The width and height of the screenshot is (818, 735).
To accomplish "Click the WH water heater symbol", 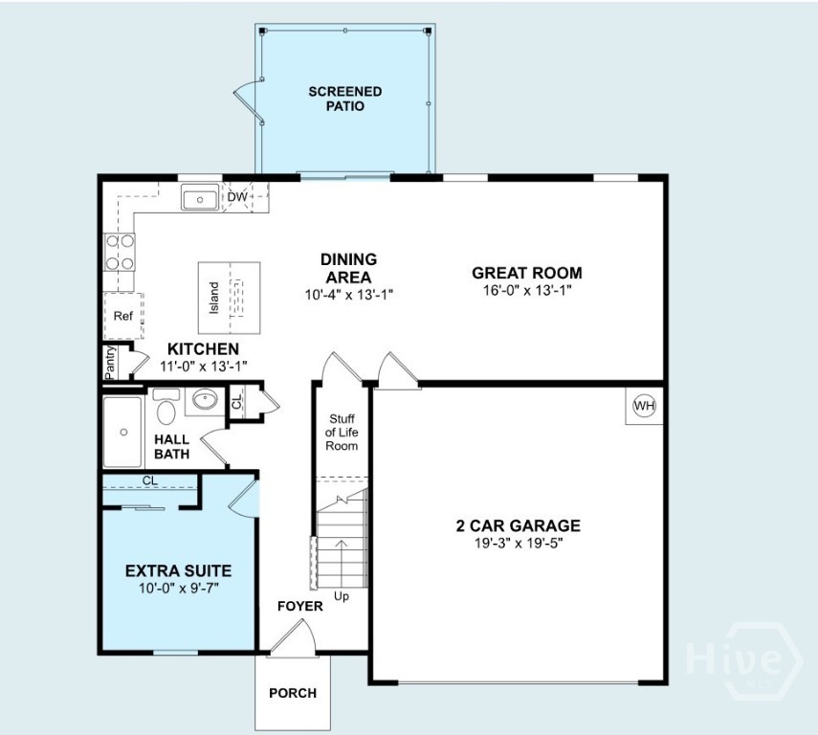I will [x=644, y=406].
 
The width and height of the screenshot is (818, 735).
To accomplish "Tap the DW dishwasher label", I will [x=237, y=198].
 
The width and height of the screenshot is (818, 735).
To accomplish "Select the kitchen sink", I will [x=201, y=199].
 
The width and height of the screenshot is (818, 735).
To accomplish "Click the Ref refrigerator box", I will [x=122, y=316].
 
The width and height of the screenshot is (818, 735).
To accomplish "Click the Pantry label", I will [x=110, y=364].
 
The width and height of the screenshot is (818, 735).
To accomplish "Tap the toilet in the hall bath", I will [x=166, y=409].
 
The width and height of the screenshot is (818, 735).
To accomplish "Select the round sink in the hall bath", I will [x=204, y=400].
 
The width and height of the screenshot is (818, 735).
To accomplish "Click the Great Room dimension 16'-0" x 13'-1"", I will [x=526, y=291].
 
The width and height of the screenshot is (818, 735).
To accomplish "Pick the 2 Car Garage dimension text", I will [x=517, y=544].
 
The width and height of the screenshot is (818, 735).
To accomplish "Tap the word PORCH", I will [x=293, y=693].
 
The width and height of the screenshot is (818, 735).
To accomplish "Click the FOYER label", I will [x=299, y=606].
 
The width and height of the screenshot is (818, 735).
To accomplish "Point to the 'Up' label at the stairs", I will [x=342, y=596].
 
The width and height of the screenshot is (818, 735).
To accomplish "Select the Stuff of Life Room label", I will [x=342, y=433].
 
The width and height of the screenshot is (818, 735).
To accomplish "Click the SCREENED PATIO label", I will [x=344, y=99].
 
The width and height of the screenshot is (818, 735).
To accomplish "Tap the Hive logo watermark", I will [x=744, y=660].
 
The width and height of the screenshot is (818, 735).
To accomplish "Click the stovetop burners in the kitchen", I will [x=120, y=252].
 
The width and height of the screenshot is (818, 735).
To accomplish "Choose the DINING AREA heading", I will [x=348, y=268].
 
